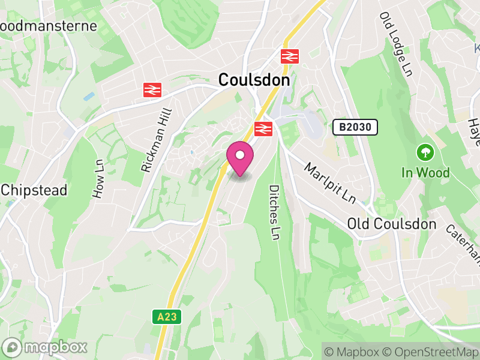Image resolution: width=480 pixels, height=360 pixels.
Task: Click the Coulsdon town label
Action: (254, 79)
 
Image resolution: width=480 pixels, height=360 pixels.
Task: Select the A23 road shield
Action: (167, 317)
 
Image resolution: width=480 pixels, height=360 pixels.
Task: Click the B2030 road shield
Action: (355, 127)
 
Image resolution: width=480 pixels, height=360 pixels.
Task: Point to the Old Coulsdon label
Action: (391, 224)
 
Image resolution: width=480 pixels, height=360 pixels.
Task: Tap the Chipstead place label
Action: (34, 190)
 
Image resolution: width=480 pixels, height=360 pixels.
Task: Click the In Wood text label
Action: (425, 173)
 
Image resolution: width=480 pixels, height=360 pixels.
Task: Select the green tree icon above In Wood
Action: (425, 151)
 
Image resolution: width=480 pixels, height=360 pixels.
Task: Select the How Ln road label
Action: (98, 179)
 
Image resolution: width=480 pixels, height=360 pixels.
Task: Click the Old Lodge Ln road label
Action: (395, 43)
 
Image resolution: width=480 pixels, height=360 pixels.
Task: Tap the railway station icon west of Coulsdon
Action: (152, 90)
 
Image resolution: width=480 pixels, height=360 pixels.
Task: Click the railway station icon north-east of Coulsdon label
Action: (290, 56)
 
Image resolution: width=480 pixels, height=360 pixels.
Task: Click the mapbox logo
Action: (46, 347)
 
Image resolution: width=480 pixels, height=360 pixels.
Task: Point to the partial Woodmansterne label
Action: (48, 26)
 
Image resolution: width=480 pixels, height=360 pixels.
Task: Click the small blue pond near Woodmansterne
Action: (89, 96)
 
